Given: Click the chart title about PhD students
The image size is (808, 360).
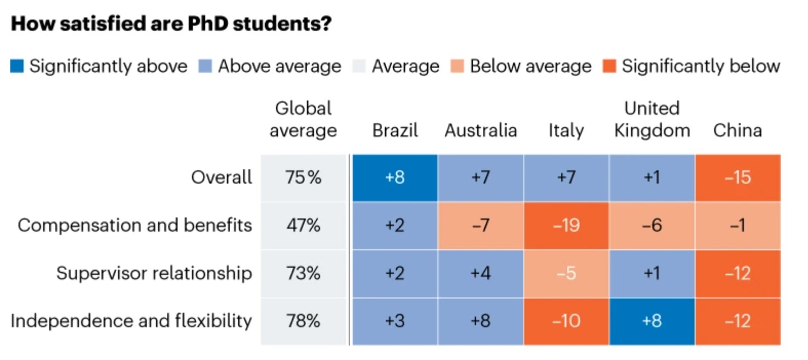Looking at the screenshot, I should [x=171, y=25].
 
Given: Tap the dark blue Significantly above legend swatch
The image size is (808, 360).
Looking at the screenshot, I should [x=17, y=67].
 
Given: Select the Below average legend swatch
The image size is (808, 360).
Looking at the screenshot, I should [x=458, y=67].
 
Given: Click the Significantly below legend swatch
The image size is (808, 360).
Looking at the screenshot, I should [x=611, y=67].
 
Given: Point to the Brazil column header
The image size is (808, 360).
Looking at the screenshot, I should [x=395, y=130].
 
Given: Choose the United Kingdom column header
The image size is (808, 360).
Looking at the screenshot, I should [x=652, y=119].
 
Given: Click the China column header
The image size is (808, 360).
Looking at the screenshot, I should [x=737, y=130].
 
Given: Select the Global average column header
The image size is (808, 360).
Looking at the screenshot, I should [x=303, y=119].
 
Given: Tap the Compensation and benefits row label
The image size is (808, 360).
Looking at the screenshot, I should [x=135, y=225].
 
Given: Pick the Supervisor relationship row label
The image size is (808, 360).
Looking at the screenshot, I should [x=154, y=273].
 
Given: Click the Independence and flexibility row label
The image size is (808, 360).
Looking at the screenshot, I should [x=131, y=321].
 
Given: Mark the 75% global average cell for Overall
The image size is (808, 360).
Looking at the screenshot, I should [x=303, y=178].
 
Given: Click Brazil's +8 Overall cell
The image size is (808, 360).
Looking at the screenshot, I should [x=395, y=178].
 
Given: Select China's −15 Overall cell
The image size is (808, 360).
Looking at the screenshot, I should [x=737, y=178].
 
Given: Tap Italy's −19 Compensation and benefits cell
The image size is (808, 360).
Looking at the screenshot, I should [x=566, y=225].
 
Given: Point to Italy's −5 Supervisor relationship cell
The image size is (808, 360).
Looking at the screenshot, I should [x=566, y=273].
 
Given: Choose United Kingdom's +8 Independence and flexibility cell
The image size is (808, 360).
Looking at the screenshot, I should [x=652, y=321].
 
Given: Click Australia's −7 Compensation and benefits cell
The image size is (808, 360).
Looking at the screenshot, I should [x=480, y=225].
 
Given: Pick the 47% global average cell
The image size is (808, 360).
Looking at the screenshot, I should [x=303, y=225].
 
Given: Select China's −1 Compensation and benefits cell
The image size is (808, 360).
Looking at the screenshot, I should [x=737, y=225].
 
